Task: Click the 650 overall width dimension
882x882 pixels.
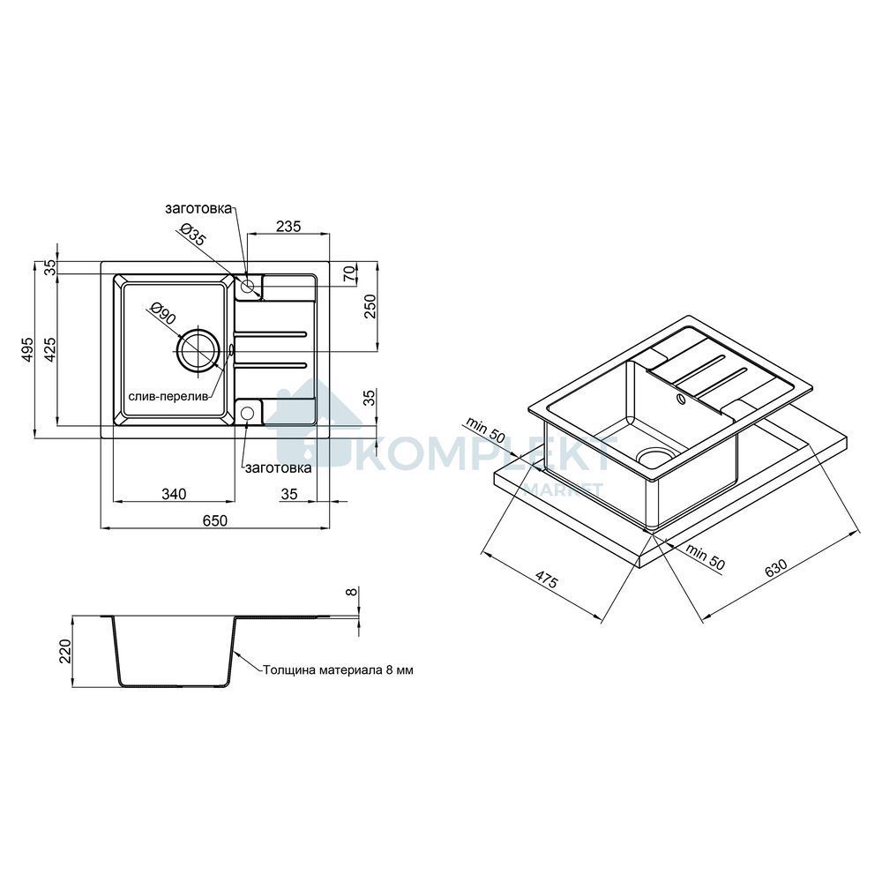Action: tap(215, 520)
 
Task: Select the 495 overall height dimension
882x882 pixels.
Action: tap(29, 349)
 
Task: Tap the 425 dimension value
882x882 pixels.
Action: tap(50, 349)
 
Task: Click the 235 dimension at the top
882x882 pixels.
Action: tap(288, 226)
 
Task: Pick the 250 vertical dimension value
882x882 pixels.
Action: tap(370, 307)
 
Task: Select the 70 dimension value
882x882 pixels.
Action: tap(349, 274)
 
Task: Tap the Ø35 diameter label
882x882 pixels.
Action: tap(193, 233)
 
